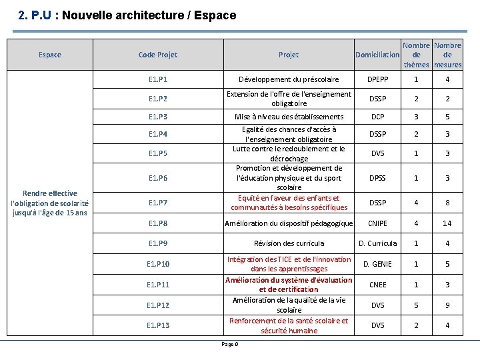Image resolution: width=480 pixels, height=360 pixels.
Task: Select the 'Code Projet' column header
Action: [157, 55]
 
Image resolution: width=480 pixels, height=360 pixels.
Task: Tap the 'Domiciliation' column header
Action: [377, 55]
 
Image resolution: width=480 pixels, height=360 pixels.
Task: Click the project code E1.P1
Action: [157, 80]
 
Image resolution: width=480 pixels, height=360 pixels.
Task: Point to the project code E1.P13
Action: [157, 325]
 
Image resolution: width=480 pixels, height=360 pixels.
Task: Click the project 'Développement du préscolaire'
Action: [289, 80]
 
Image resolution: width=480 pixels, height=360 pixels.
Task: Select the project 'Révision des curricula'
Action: [289, 243]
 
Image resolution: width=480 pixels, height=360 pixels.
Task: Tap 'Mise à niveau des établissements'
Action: [289, 117]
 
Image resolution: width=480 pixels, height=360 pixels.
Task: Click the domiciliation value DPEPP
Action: [377, 80]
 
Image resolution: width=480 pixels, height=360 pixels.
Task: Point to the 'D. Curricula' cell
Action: [377, 243]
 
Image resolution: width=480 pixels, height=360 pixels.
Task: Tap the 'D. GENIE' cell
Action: [377, 264]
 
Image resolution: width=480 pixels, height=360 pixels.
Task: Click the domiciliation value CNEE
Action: [377, 285]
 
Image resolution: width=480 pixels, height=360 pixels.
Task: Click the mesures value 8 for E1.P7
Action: [447, 203]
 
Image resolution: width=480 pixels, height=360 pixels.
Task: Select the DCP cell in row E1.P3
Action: [377, 117]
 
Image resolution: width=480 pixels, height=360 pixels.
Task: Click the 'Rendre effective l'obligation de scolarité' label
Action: [49, 203]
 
